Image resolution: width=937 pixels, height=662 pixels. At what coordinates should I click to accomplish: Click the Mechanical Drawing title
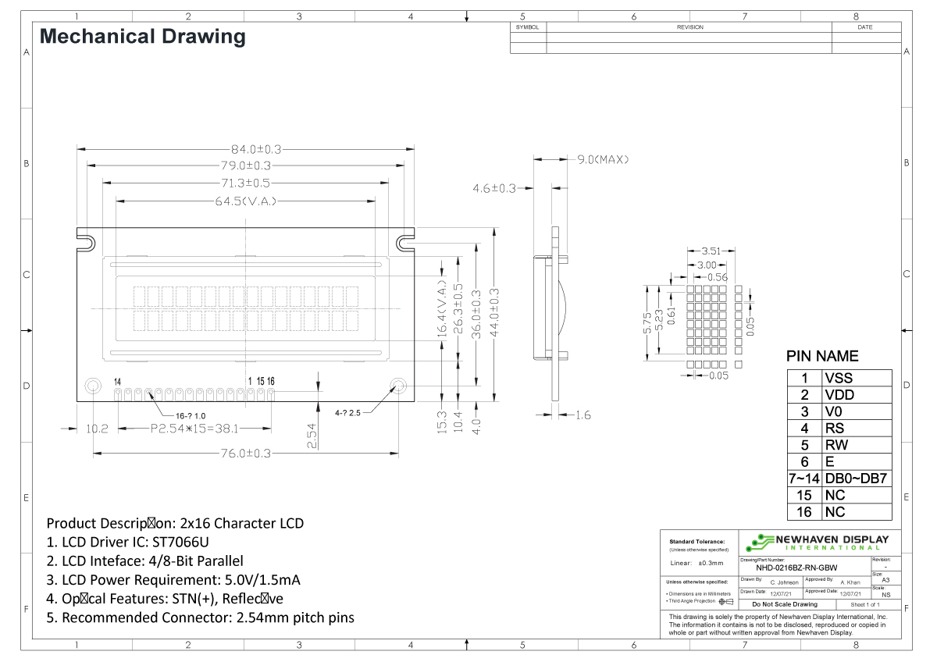pos(142,36)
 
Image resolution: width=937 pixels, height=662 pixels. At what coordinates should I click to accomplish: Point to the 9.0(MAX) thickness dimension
pos(603,159)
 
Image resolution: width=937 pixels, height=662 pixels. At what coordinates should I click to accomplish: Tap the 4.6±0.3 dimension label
pos(494,188)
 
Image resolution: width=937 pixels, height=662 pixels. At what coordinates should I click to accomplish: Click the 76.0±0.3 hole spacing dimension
pos(244,454)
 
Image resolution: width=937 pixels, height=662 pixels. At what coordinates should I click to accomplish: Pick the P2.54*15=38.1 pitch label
pos(194,429)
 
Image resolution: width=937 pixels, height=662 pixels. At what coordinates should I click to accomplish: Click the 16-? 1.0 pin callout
pos(191,415)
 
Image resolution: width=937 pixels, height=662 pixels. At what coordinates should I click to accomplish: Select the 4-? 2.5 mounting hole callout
pos(349,412)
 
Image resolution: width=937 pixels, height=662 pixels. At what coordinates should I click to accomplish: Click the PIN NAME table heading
pos(822,357)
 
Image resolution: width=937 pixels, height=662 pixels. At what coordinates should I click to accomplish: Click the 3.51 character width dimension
pos(711,251)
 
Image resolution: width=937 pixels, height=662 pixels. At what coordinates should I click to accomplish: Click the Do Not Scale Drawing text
pos(784,604)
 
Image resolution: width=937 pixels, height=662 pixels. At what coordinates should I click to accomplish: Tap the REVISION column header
pos(689,27)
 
